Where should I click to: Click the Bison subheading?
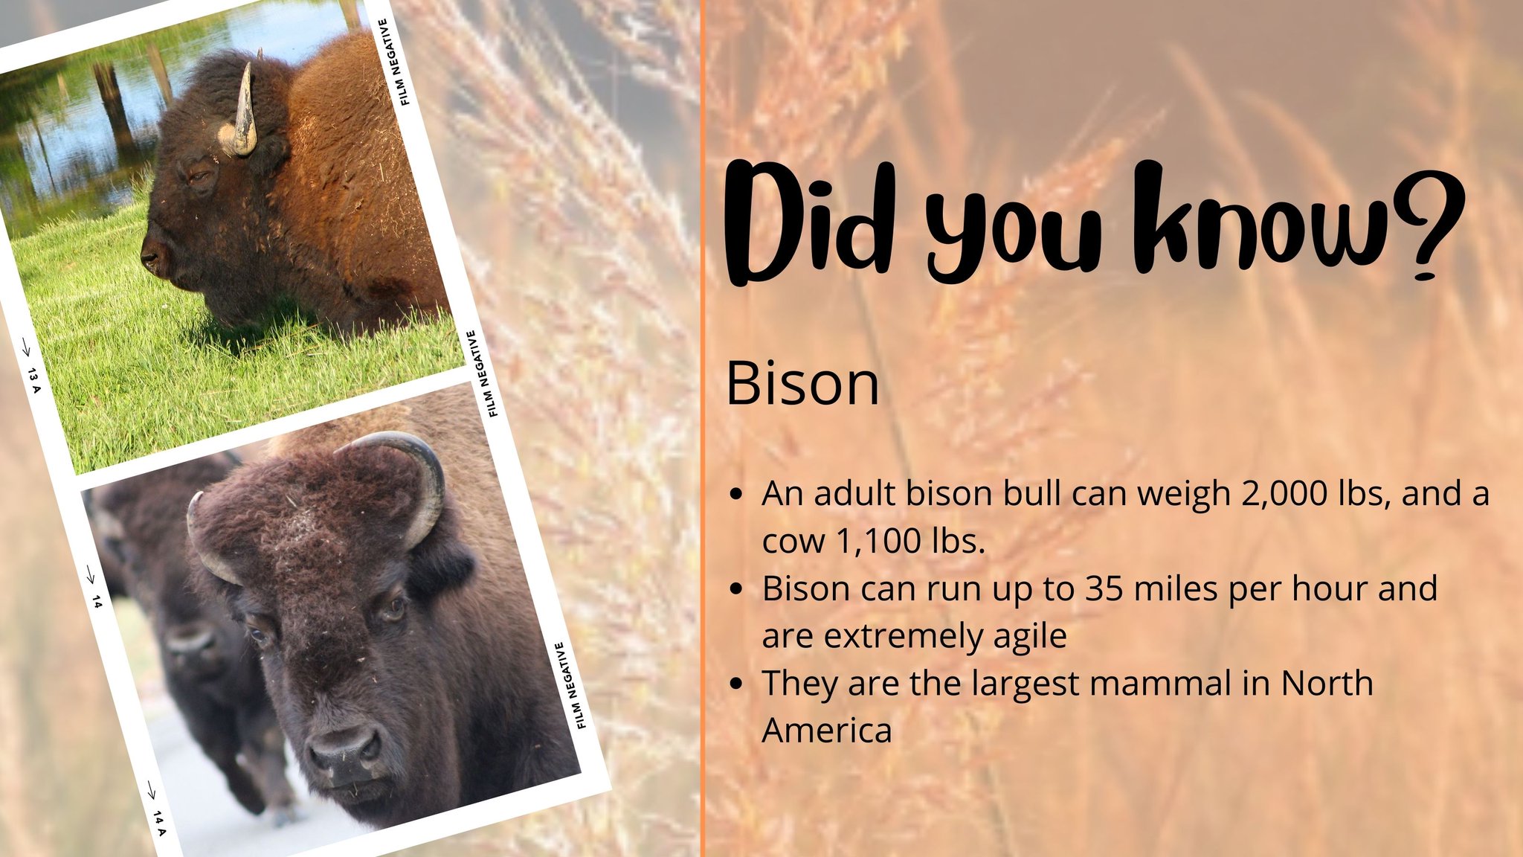click(802, 384)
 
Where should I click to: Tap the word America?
click(826, 731)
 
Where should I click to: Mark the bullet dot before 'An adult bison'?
click(736, 495)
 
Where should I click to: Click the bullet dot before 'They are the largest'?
click(736, 684)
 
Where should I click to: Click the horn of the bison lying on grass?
click(244, 112)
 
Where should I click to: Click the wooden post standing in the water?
click(112, 97)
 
